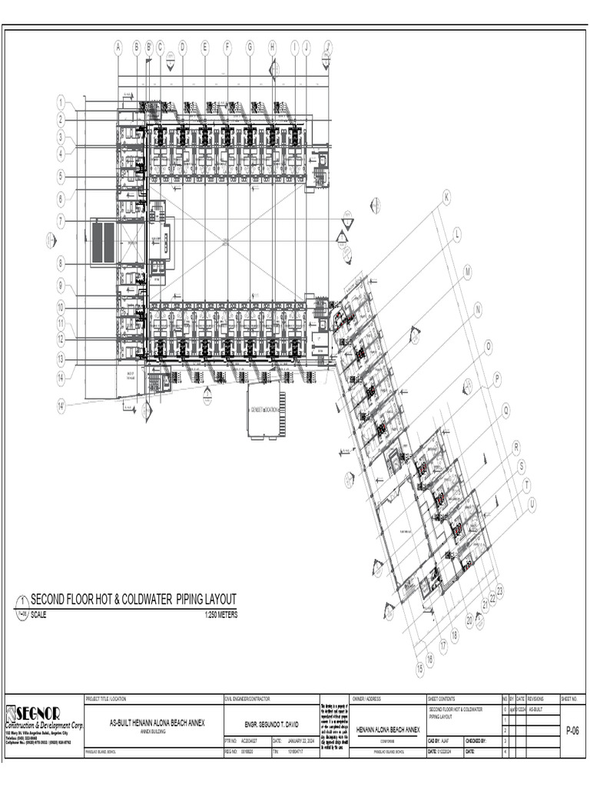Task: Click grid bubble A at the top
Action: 118,47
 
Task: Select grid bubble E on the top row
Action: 205,47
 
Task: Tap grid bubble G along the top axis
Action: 250,47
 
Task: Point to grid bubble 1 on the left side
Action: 60,101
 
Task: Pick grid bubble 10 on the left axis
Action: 60,307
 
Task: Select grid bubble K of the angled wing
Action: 446,197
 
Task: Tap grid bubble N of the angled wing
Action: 478,309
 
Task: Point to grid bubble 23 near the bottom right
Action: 500,590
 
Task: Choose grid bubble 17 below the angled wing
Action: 443,646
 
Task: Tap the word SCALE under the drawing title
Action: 38,616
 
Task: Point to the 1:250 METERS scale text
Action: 221,616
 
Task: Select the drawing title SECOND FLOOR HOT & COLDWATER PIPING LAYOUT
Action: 133,599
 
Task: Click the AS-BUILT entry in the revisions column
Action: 538,710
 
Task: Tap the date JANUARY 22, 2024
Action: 300,741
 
